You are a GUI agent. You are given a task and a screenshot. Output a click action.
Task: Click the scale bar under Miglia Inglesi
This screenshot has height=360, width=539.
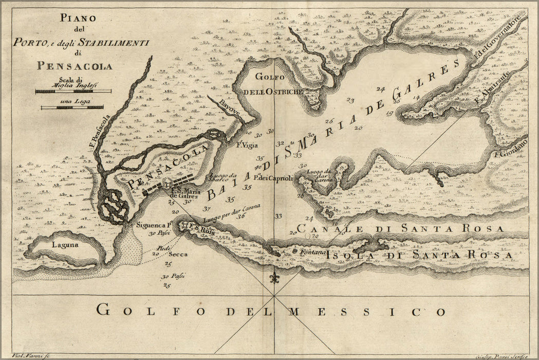(73, 92)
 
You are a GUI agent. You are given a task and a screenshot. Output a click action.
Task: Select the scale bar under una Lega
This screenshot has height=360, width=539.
(72, 107)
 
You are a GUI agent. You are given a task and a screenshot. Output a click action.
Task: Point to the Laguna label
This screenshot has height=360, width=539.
(65, 245)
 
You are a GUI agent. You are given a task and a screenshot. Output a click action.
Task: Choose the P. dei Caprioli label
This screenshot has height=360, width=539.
(273, 178)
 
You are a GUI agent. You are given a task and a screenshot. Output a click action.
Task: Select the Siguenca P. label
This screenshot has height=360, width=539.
(153, 225)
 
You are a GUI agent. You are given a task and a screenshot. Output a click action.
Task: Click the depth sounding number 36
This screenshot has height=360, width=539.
(240, 216)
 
